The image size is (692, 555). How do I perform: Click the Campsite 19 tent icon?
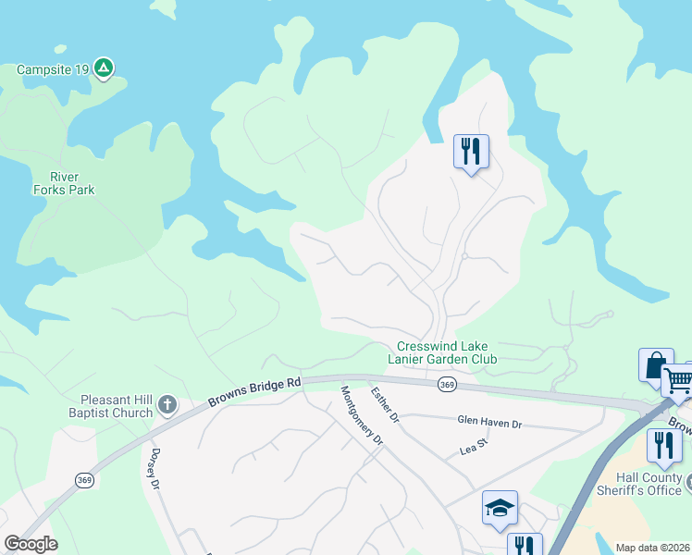click(104, 68)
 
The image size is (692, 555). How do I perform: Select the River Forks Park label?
click(64, 183)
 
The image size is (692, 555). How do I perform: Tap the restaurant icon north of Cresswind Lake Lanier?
click(471, 151)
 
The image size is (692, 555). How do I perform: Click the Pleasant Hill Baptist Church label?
click(110, 406)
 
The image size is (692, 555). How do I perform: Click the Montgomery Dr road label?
click(362, 415)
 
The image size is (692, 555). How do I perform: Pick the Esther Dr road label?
click(385, 405)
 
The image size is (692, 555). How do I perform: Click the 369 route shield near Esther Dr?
click(447, 385)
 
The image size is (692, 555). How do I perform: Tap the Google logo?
click(31, 544)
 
